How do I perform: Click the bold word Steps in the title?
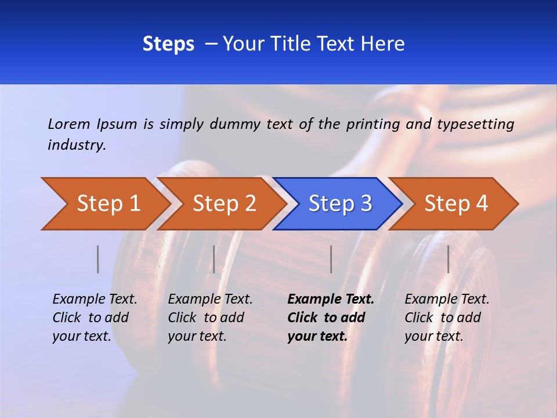168,44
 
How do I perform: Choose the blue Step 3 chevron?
339,204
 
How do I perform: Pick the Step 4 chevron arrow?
455,204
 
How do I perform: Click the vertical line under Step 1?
98,259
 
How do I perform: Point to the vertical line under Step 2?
214,259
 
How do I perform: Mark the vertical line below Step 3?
331,259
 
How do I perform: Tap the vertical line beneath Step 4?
448,259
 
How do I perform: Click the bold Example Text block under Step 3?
331,318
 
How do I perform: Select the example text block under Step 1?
95,318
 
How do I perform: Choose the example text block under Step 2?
210,318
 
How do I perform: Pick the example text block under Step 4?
447,318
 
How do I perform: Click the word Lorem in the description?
69,124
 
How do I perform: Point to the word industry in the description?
77,145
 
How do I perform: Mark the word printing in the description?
374,124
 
